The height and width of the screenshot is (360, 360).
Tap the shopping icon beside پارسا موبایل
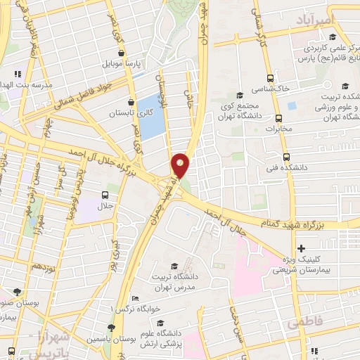(x=122, y=52)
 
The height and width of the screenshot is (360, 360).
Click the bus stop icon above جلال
(x=105, y=195)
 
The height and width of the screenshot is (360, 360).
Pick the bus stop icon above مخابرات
(x=278, y=118)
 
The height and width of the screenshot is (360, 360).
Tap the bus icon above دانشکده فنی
(x=285, y=157)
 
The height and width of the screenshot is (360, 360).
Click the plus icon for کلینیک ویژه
(x=301, y=248)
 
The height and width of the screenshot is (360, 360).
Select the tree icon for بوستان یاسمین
(x=111, y=328)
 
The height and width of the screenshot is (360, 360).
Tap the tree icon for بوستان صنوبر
(x=17, y=291)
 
